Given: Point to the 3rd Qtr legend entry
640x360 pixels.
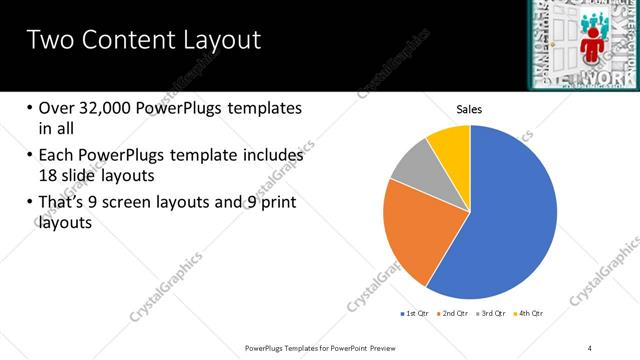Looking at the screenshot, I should tap(490, 314).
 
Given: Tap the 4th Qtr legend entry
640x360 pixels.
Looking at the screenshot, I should tap(529, 314).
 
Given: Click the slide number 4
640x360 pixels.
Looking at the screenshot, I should tap(590, 347).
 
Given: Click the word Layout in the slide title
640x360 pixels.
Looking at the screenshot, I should tap(221, 40).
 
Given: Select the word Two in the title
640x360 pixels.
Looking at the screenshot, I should tap(46, 40).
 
